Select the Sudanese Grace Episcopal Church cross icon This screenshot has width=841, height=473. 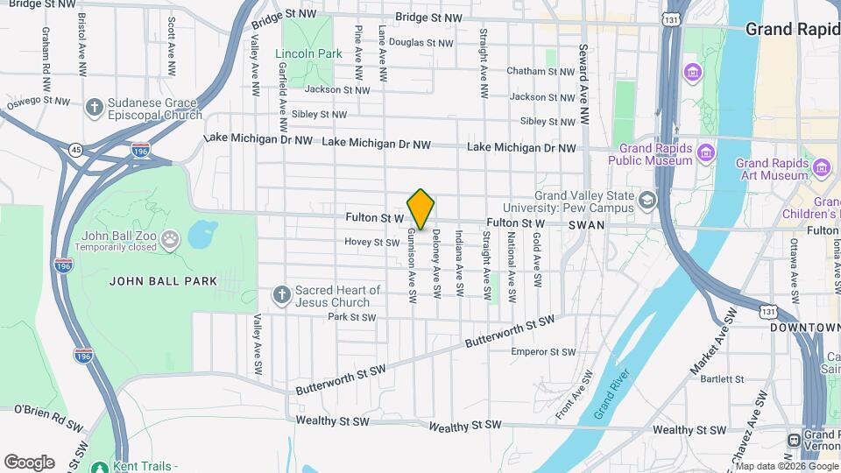pos(94,107)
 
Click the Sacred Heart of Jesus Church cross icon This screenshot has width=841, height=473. pos(281,294)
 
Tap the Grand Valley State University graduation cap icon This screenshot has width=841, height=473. pos(647,201)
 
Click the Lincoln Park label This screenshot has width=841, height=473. pos(308,53)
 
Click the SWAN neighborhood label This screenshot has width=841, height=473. pos(585,225)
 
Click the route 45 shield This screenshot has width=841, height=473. pos(77,150)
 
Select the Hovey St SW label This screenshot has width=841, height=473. pos(371,243)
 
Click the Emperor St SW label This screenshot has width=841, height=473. pos(543,352)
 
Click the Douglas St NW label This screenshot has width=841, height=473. pos(420,42)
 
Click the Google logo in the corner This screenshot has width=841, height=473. pos(29,462)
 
